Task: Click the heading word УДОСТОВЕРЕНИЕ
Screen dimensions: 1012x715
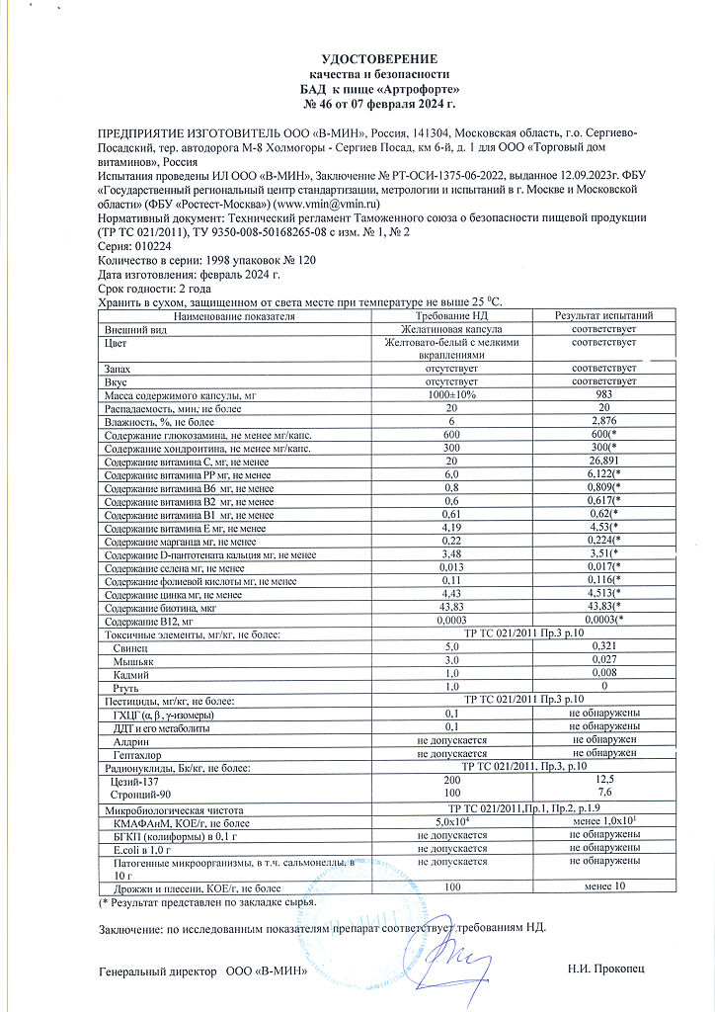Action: (379, 59)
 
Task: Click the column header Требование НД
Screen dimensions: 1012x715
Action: (452, 316)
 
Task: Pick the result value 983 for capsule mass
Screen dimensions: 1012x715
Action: (602, 394)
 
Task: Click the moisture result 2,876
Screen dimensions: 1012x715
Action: (602, 421)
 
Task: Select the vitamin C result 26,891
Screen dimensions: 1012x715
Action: (602, 461)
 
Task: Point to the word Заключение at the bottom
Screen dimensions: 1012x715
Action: (131, 928)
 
